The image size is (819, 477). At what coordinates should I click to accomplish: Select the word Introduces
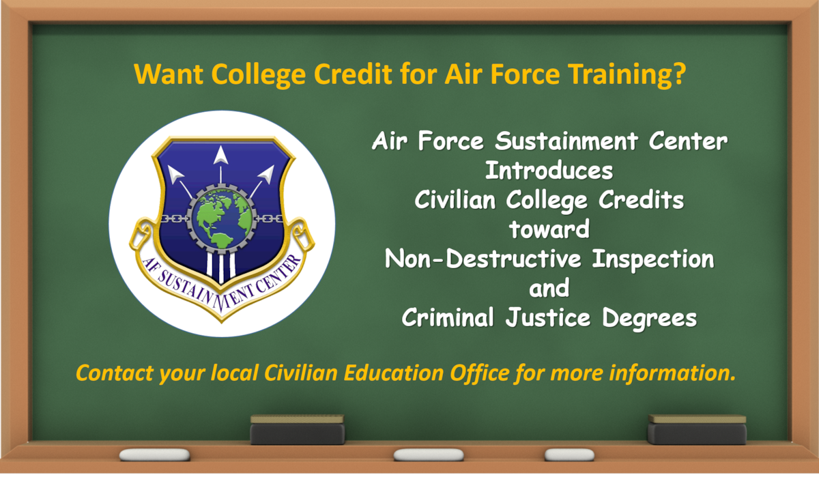[x=549, y=171]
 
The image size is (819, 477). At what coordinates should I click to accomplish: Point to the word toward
[x=549, y=229]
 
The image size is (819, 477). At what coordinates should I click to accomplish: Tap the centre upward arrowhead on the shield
[x=220, y=156]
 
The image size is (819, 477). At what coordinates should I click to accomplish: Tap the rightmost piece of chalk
[x=569, y=454]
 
